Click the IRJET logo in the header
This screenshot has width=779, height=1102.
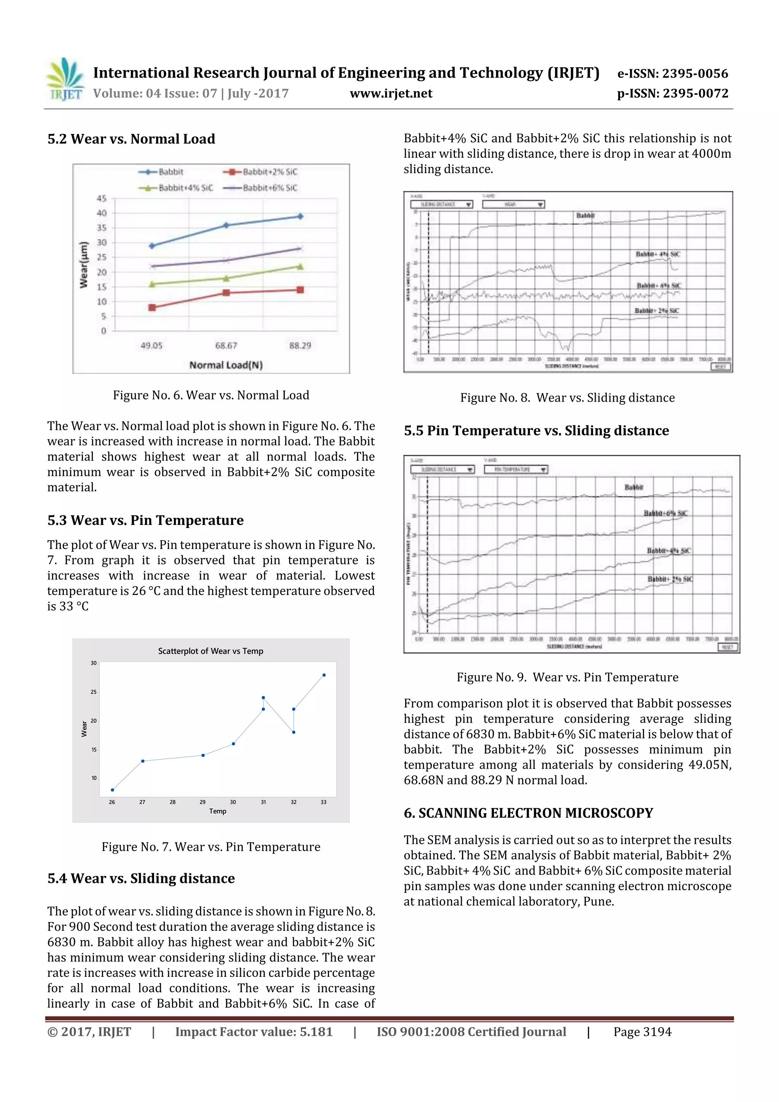coord(65,79)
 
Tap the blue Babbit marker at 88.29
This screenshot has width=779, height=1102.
coord(300,216)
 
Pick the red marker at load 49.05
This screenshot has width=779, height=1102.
coord(152,307)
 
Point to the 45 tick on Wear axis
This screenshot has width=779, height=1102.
coord(102,198)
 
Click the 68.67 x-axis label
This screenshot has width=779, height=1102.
coord(226,345)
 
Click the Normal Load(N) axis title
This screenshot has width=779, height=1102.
coord(226,365)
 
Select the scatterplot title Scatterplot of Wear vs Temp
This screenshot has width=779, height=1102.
coord(211,651)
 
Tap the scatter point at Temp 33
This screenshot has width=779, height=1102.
coord(324,675)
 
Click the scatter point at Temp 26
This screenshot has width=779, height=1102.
coord(112,790)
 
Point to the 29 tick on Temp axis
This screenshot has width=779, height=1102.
coord(203,802)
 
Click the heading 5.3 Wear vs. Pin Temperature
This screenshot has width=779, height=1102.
coord(145,520)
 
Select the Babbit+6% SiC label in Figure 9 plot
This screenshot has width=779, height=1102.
coord(665,514)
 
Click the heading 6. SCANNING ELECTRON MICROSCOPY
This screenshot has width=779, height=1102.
coord(528,813)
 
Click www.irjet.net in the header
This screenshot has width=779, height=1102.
coord(391,94)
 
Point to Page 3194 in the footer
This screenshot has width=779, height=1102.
coord(642,1032)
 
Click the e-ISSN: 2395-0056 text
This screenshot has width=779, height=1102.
coord(672,73)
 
